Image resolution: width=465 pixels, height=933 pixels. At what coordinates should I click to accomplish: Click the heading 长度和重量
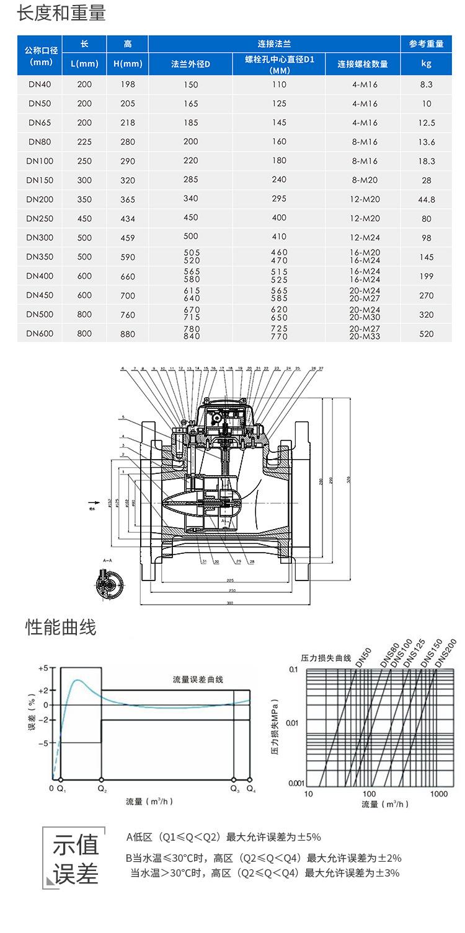[61, 14]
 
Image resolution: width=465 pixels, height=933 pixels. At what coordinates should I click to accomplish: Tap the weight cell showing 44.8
[427, 199]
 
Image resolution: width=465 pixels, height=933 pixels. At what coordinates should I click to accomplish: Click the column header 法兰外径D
[190, 64]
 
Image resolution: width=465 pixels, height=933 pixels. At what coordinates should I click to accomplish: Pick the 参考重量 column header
[427, 44]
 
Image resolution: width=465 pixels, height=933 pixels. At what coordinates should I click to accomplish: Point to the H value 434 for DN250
[128, 219]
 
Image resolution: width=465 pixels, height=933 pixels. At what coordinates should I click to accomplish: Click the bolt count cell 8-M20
[364, 180]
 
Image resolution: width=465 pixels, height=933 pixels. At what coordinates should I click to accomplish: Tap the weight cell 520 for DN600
[427, 334]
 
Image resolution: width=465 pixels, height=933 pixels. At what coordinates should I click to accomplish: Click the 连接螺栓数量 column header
[363, 64]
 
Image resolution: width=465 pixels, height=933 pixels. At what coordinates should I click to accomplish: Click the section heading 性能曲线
[61, 627]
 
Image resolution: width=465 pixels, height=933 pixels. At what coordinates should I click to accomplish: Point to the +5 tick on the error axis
[43, 668]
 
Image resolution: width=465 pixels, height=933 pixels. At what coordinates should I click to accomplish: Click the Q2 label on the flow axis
[102, 789]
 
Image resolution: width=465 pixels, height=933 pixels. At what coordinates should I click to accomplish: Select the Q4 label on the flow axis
[250, 789]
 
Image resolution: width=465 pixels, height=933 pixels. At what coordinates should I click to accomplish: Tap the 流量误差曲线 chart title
[195, 680]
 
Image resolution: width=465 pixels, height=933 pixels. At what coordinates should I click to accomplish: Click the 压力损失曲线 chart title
[326, 657]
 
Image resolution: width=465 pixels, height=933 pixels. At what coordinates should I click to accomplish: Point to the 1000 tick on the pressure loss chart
[438, 794]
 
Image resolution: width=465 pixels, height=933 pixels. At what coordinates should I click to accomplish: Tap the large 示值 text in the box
[76, 844]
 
